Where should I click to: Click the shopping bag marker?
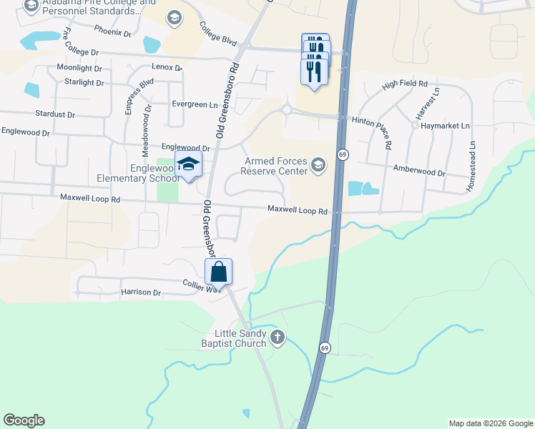(219, 272)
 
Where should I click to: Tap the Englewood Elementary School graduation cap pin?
(189, 166)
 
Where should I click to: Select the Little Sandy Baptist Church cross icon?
(277, 335)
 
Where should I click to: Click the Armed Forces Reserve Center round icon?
(318, 167)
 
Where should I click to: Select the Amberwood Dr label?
(420, 172)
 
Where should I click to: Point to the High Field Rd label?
(404, 84)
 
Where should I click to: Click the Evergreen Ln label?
(194, 104)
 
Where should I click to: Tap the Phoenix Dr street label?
(113, 31)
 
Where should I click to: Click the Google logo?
(24, 420)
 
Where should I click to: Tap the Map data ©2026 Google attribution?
(490, 423)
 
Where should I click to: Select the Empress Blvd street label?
(139, 96)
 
